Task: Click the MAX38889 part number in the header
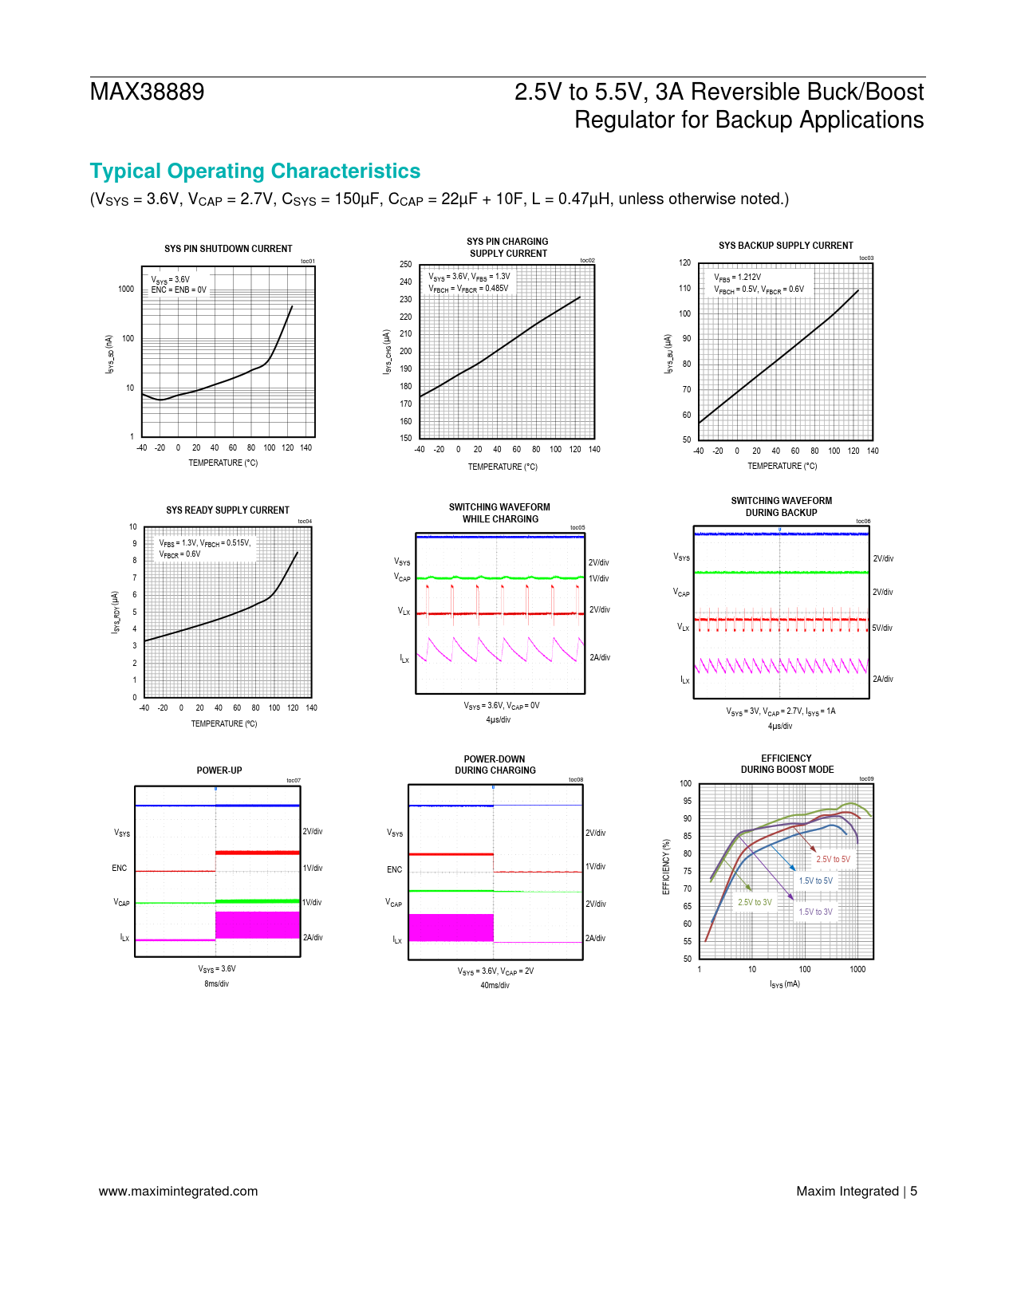tap(147, 93)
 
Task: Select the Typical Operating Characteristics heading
tap(255, 171)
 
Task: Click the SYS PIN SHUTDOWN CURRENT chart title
tap(228, 249)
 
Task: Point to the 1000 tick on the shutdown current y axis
tap(126, 290)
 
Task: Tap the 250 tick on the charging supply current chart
tap(406, 265)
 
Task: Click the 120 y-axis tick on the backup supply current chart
tap(684, 263)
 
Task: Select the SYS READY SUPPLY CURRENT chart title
tap(227, 510)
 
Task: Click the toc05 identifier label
tap(577, 528)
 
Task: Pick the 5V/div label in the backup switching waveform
tap(882, 628)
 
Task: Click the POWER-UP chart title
tap(219, 770)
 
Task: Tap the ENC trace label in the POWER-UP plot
tap(120, 869)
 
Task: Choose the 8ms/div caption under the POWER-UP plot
tap(216, 984)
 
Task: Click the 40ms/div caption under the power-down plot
tap(495, 986)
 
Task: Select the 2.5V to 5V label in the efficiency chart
tap(833, 860)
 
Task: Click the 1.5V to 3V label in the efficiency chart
tap(815, 912)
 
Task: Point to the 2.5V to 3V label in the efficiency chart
tap(755, 903)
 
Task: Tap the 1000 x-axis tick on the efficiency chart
tap(857, 970)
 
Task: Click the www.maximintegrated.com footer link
tap(179, 1192)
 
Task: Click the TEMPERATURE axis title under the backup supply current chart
tap(782, 467)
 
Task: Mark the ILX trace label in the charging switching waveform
tap(404, 659)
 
